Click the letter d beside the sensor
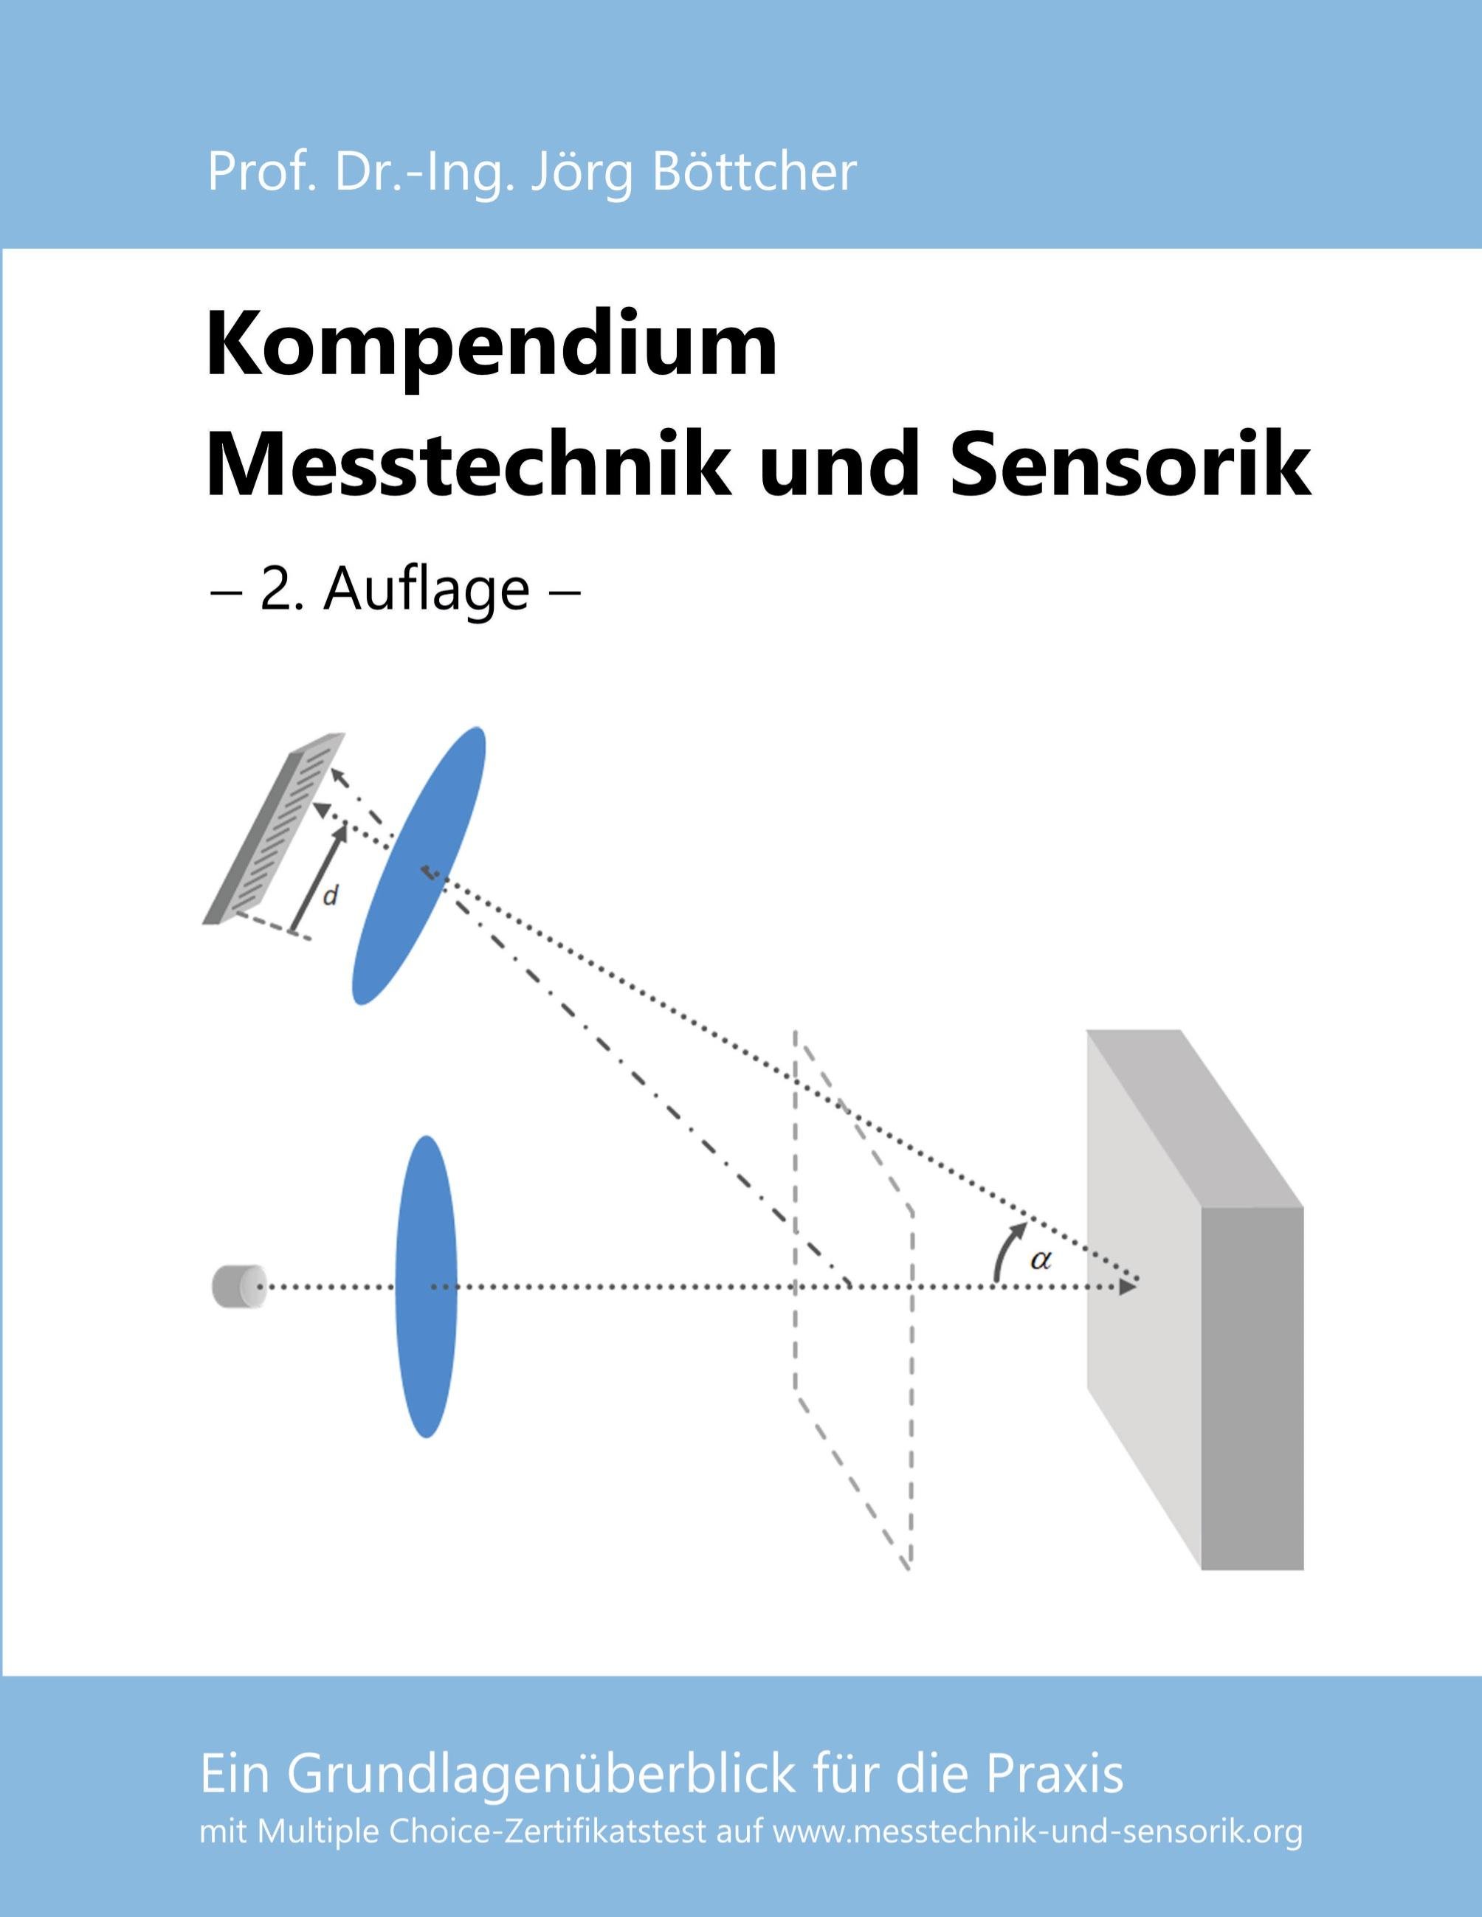click(331, 897)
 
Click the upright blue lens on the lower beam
click(427, 1287)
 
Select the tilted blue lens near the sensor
click(418, 865)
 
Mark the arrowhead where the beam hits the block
click(1128, 1287)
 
